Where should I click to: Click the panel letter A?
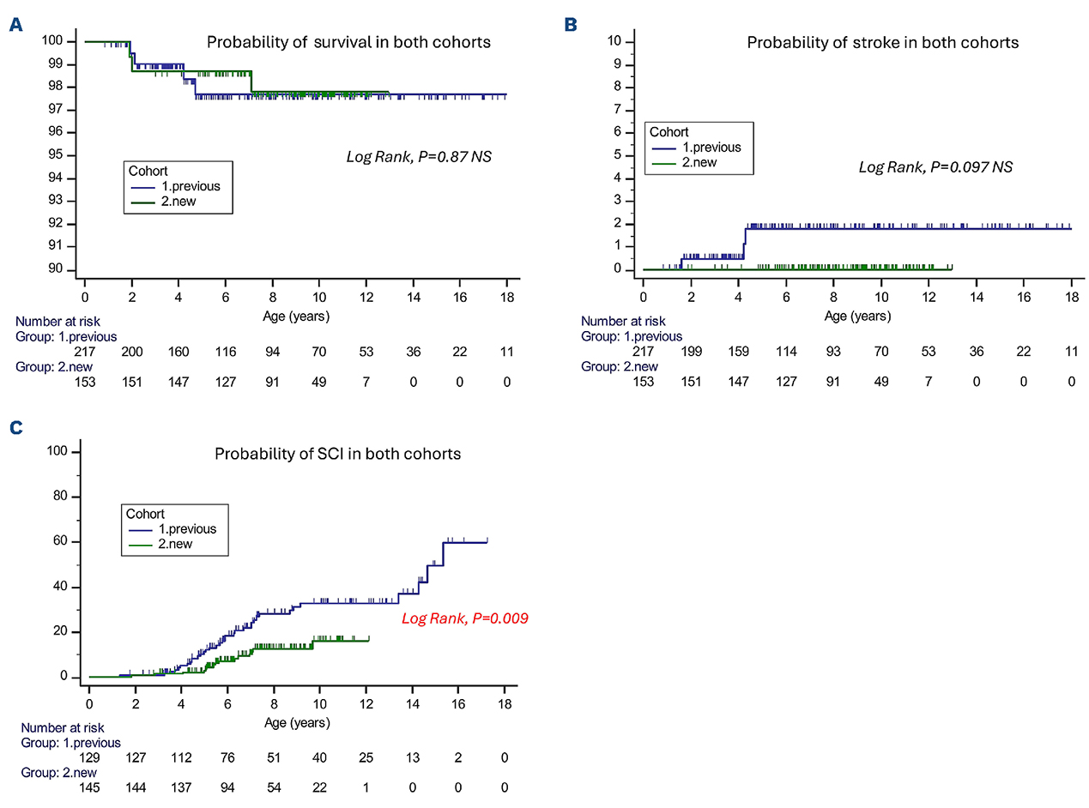15,25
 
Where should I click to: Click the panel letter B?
570,25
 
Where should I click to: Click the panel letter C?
15,426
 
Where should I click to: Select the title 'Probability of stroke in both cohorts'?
883,42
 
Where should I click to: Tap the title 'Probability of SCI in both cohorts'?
337,453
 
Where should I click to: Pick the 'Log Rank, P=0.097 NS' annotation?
935,166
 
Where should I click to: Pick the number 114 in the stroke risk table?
785,352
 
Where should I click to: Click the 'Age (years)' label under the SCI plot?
297,722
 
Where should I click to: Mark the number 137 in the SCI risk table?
181,787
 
